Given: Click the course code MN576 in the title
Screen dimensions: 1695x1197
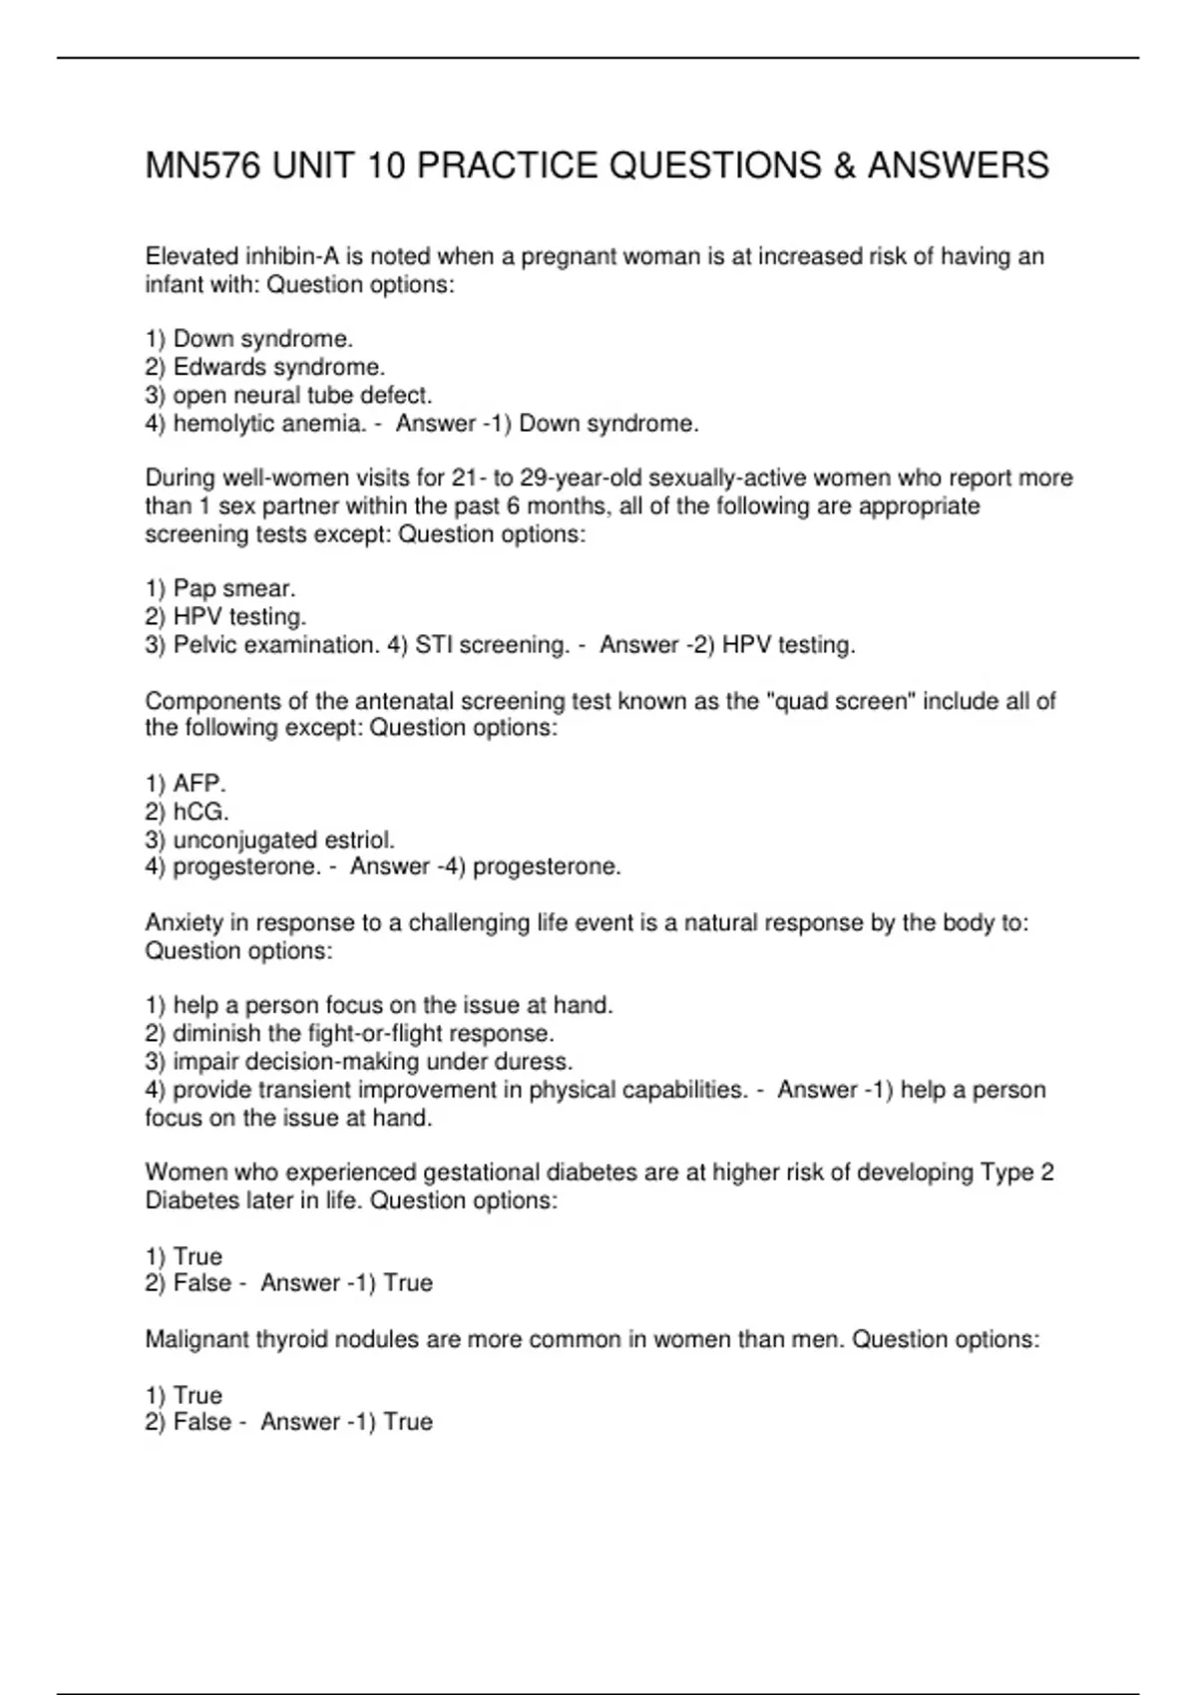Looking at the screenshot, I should click(203, 166).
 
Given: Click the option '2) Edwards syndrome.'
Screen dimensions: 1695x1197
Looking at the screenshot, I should click(264, 367).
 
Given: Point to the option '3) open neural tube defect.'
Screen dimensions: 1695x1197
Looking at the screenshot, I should click(288, 395).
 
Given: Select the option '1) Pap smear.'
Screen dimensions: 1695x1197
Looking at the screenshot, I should click(220, 588).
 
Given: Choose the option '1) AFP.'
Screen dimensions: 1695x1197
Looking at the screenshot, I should click(186, 784).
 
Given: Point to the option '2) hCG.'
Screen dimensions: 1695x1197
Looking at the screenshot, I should click(187, 812).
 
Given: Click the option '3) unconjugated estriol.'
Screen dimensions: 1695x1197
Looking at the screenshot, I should click(269, 840).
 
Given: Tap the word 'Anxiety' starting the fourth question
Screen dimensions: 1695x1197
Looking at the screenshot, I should click(184, 923).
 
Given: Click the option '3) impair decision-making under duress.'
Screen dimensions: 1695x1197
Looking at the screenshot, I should click(358, 1061).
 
